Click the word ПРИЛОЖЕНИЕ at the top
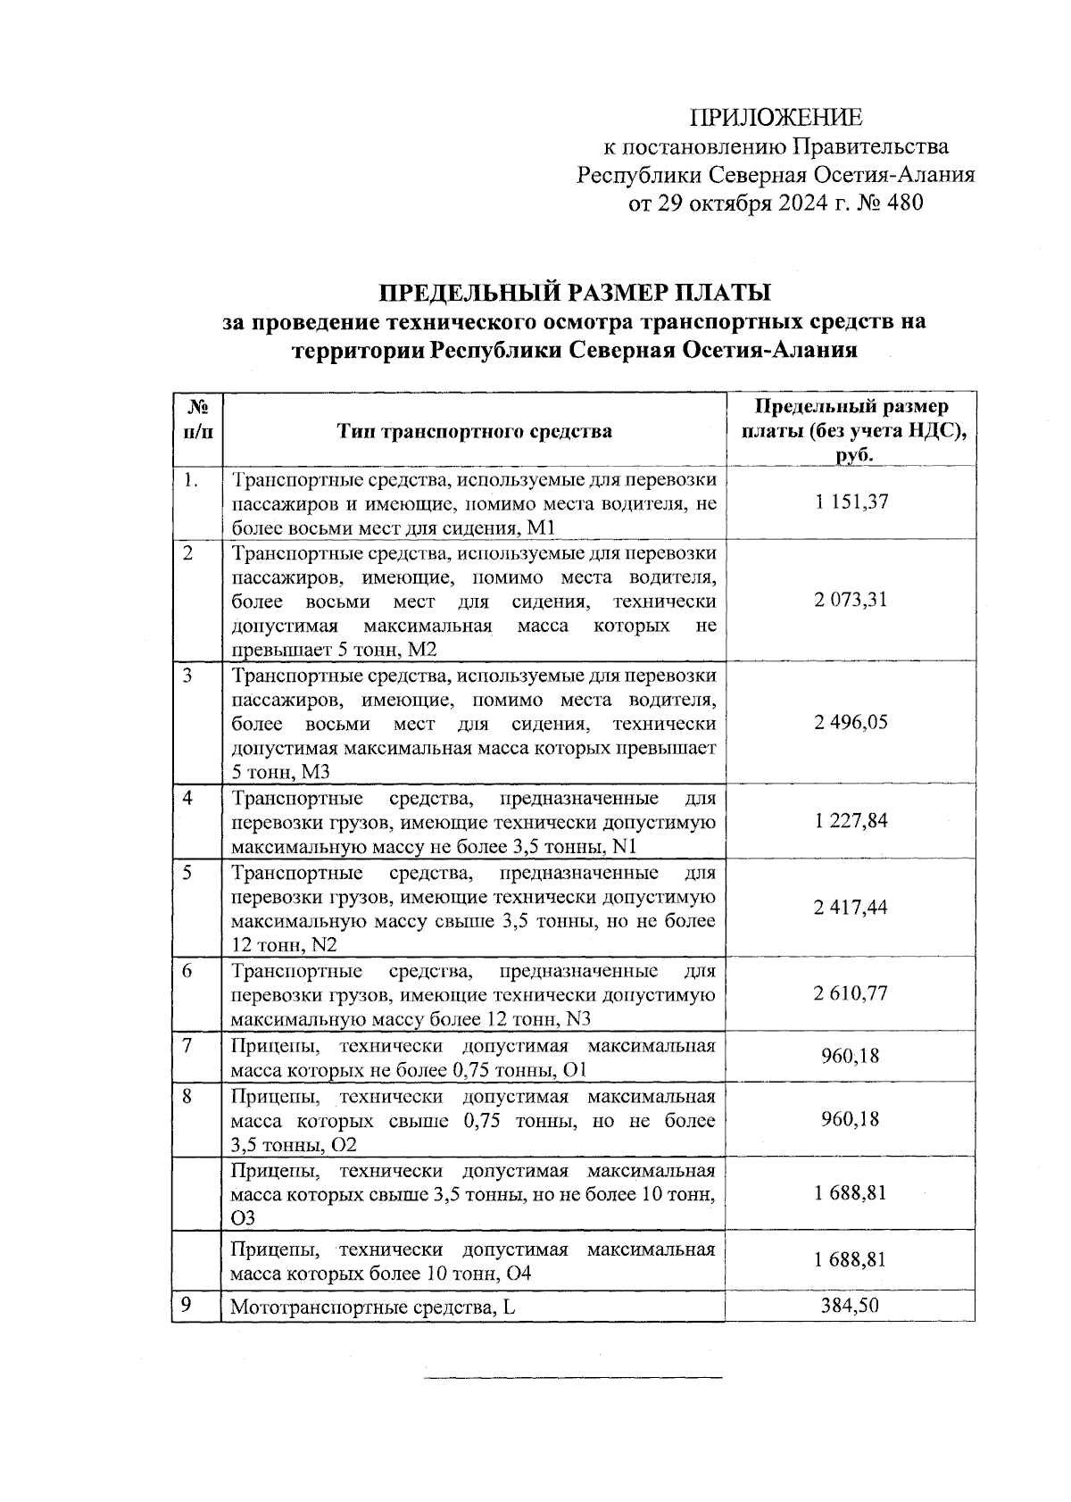point(776,118)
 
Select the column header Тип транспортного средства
point(474,432)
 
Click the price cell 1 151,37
point(850,502)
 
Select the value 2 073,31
point(850,600)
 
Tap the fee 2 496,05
point(850,723)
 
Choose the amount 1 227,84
point(850,821)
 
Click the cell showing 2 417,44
point(850,908)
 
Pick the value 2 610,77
point(850,993)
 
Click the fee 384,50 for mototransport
point(850,1307)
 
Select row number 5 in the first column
point(187,872)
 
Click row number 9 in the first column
point(187,1305)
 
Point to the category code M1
point(542,527)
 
